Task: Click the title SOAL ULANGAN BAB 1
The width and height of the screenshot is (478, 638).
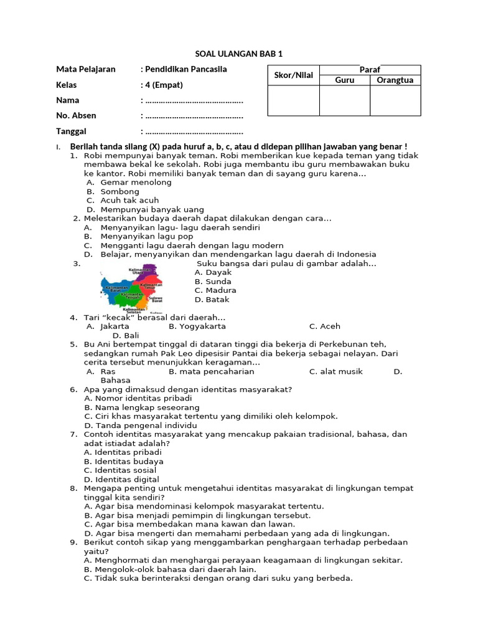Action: pos(239,54)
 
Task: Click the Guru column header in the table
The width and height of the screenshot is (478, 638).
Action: pos(344,80)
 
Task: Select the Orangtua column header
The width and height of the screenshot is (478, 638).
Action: pos(395,80)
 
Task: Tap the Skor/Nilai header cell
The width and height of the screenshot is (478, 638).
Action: pos(293,75)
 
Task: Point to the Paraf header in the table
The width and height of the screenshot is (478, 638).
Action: pos(370,70)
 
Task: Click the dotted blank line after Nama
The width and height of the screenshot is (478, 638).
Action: pos(193,100)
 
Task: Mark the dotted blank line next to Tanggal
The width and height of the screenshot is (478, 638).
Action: pos(193,131)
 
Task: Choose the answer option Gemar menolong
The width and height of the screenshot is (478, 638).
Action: pos(136,183)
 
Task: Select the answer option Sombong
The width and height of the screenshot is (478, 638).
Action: pos(119,192)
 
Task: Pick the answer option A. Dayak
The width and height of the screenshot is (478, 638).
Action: pos(213,272)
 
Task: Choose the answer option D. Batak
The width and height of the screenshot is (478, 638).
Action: pos(212,300)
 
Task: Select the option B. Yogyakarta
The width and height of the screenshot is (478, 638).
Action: pos(197,326)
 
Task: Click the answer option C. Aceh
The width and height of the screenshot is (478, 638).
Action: pos(324,326)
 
